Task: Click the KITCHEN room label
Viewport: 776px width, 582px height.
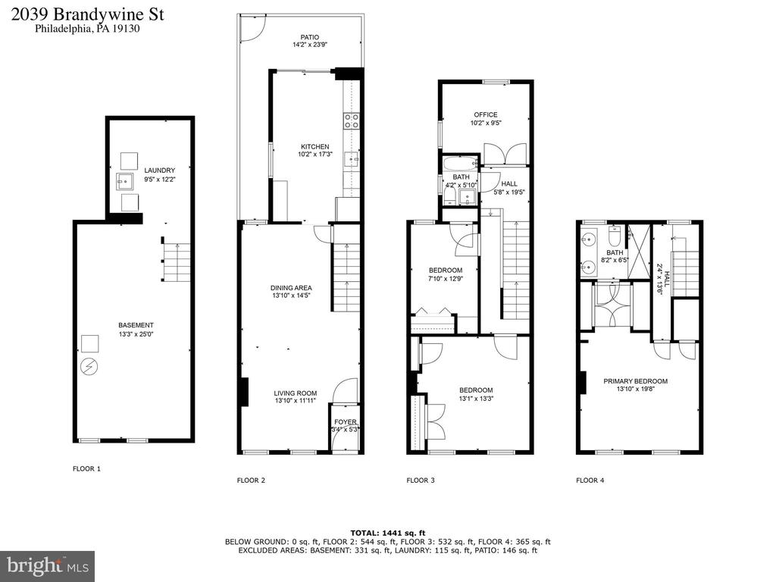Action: (x=314, y=146)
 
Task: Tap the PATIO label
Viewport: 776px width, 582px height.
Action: (x=310, y=37)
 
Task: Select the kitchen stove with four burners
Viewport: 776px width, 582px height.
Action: (x=352, y=120)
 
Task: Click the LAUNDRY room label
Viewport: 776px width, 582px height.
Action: (x=160, y=171)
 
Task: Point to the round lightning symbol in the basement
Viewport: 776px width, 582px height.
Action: (x=90, y=367)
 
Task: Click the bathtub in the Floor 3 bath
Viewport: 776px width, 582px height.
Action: (x=460, y=163)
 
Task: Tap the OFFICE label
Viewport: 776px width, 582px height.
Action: (x=486, y=115)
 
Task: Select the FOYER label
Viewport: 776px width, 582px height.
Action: (x=345, y=422)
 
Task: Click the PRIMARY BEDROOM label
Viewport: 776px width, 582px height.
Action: (x=636, y=381)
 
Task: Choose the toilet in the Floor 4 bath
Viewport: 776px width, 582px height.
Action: (x=614, y=236)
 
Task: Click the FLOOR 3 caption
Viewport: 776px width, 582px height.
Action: (x=421, y=480)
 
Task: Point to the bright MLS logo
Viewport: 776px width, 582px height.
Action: (x=48, y=565)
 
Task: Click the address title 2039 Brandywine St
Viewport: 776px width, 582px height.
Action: (x=88, y=14)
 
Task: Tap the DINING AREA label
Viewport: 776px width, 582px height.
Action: (x=291, y=287)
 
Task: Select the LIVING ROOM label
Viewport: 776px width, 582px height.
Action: (x=296, y=393)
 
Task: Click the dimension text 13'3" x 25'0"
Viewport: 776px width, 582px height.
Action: (x=136, y=334)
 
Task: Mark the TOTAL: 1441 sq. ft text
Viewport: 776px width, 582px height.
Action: (x=388, y=533)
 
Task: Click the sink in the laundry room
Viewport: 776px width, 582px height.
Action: (x=125, y=182)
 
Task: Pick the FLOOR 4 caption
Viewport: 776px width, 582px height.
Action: (x=590, y=480)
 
